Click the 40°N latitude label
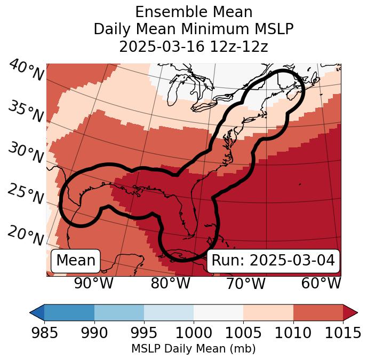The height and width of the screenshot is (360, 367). point(26,71)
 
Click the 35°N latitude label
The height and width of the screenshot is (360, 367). point(26,111)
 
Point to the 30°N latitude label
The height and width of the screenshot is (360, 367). point(26,153)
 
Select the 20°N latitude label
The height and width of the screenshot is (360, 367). point(26,235)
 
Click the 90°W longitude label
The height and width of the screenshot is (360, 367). point(94,283)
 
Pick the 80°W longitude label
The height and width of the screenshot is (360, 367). point(170,283)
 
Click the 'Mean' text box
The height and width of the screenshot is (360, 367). point(76,261)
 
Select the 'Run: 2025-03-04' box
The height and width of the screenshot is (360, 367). point(273,261)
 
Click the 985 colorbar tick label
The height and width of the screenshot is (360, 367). point(44,333)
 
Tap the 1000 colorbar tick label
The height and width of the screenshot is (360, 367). point(194,333)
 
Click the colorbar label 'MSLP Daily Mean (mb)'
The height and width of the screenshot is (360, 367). point(193,349)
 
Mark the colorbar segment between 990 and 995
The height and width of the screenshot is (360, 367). point(119,312)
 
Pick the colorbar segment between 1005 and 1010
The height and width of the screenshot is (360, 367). point(268,312)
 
